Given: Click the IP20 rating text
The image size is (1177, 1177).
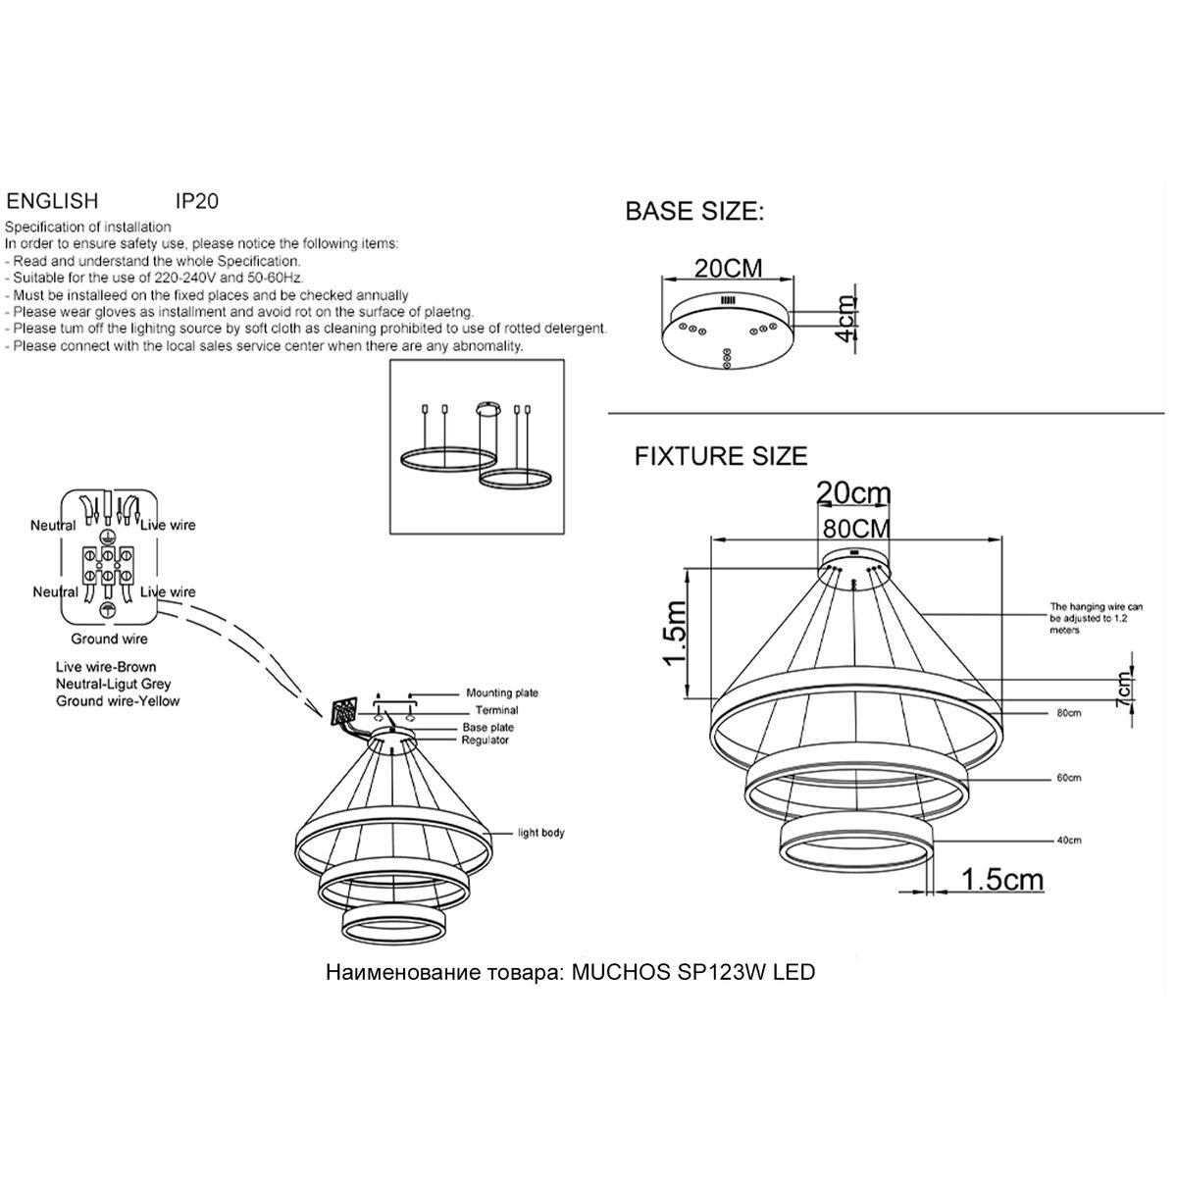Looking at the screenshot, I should [x=196, y=201].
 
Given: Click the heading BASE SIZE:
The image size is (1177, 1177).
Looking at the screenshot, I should [x=694, y=212].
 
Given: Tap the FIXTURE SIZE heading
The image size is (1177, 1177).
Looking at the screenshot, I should [x=721, y=456].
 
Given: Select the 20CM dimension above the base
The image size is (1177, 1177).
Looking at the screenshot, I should [x=728, y=268].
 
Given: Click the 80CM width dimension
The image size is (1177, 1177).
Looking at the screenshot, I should [x=856, y=528].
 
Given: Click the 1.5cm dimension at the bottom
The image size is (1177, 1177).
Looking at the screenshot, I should [x=1002, y=880].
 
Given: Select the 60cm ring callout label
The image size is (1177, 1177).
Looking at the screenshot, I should [x=1068, y=778].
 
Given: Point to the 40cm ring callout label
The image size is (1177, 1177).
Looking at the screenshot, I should [x=1068, y=841].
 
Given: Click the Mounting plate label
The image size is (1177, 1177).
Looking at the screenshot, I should [x=502, y=693].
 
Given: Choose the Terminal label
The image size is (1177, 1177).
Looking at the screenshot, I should [x=497, y=710].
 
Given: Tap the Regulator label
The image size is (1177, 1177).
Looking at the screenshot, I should [x=486, y=741].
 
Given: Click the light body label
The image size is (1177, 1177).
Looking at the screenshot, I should [x=541, y=833].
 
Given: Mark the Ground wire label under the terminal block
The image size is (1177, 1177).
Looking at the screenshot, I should [x=108, y=640].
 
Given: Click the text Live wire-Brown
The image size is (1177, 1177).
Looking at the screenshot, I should [x=106, y=667].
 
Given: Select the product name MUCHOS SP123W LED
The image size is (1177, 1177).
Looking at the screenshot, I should [x=692, y=973].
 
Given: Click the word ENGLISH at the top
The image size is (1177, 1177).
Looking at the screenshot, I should [x=53, y=201].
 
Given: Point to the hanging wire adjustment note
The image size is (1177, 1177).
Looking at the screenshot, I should [x=1096, y=618].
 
